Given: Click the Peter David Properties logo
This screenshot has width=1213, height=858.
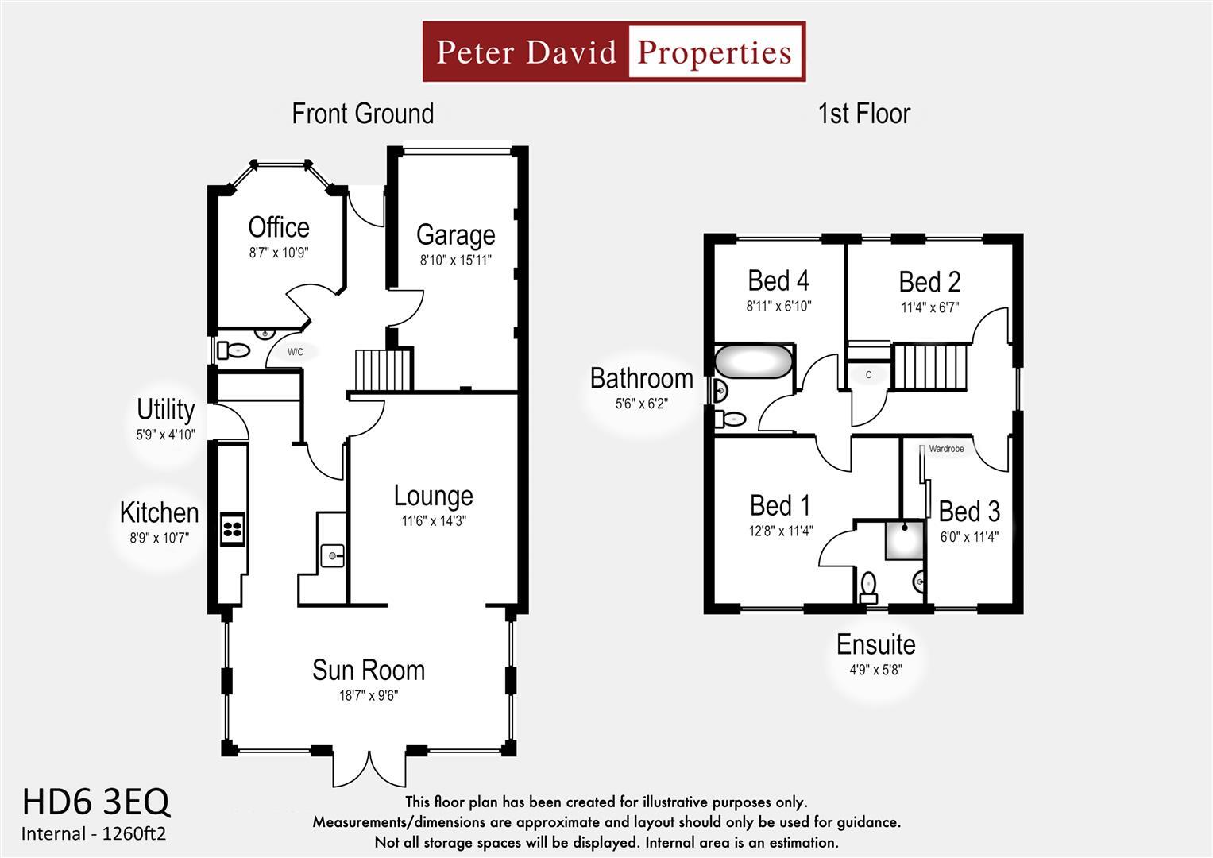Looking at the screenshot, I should pyautogui.click(x=613, y=52).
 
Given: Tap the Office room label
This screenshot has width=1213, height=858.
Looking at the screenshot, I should pyautogui.click(x=278, y=227).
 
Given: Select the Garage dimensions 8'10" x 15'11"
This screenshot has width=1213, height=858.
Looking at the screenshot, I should pyautogui.click(x=455, y=260).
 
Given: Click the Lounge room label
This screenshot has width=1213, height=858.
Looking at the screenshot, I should pyautogui.click(x=433, y=496).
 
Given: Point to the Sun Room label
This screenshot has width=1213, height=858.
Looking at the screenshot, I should pyautogui.click(x=368, y=670).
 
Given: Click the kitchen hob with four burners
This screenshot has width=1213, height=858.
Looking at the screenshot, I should pyautogui.click(x=232, y=530).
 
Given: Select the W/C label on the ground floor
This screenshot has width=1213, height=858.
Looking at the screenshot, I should pyautogui.click(x=295, y=352).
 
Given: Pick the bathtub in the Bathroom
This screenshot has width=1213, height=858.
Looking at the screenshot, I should pyautogui.click(x=753, y=363).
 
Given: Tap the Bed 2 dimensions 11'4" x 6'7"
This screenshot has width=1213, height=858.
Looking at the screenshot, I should pyautogui.click(x=929, y=307).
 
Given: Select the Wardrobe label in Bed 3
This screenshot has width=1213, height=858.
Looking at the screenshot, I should pyautogui.click(x=945, y=449).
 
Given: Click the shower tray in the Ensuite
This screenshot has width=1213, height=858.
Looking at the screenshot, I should pyautogui.click(x=905, y=540).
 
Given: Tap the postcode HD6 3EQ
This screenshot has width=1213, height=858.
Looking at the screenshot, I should pyautogui.click(x=95, y=802).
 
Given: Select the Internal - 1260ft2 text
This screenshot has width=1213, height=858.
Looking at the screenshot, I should pyautogui.click(x=94, y=833).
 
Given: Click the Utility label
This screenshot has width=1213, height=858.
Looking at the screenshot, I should pyautogui.click(x=165, y=409).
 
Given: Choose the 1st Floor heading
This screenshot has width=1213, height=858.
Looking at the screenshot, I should pyautogui.click(x=863, y=114).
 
